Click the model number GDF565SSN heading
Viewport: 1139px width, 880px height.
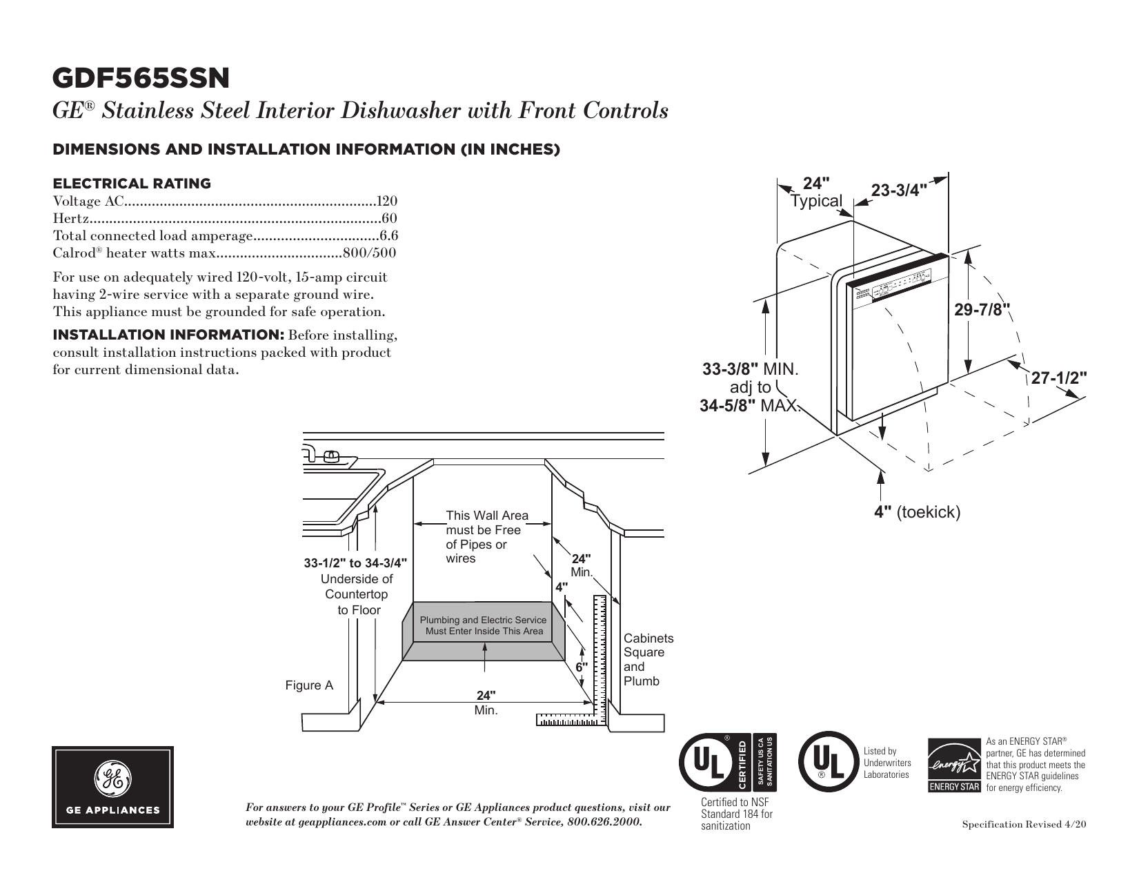coord(141,79)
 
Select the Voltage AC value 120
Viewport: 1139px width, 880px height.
coord(388,202)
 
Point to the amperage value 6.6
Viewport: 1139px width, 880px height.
coord(389,236)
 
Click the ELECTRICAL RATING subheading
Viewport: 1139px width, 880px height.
coord(132,184)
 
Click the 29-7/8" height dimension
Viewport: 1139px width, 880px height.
coord(982,310)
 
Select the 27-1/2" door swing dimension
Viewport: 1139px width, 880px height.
coord(1058,378)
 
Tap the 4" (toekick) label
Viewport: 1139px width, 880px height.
coord(917,512)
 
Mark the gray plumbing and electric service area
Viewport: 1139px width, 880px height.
coord(484,631)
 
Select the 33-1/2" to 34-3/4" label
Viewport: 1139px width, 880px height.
coord(355,563)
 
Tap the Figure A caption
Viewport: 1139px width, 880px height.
coord(309,685)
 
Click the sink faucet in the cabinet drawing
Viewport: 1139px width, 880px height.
coord(330,455)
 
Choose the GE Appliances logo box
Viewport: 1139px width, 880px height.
coord(113,787)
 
